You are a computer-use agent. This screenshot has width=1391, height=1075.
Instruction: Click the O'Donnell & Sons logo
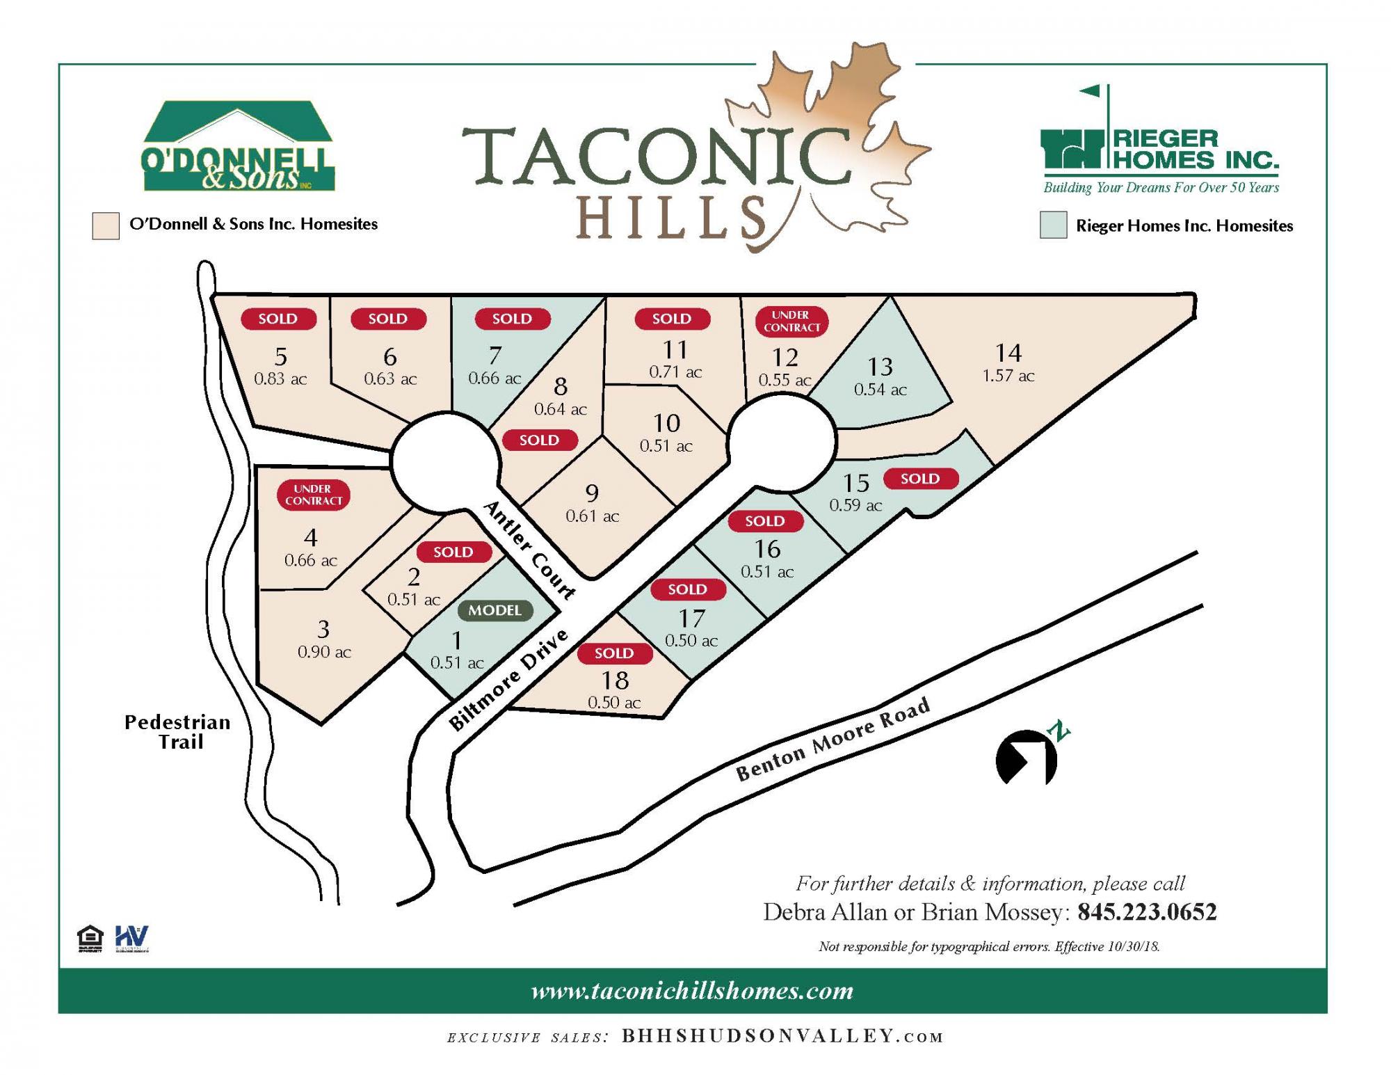click(237, 147)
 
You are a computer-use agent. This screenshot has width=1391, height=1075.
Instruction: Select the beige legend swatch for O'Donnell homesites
click(106, 226)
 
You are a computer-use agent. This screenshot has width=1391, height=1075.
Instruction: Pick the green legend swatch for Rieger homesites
click(1053, 225)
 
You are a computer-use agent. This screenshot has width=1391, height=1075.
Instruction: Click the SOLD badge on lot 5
click(278, 319)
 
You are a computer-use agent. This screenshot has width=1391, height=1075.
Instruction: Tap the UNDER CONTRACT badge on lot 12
click(791, 321)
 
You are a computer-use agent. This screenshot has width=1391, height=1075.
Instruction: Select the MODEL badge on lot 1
click(495, 610)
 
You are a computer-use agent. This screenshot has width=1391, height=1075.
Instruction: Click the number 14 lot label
click(1008, 353)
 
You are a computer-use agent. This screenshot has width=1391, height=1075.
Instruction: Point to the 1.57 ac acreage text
click(1008, 376)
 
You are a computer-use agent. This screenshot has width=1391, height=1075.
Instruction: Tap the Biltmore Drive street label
click(509, 680)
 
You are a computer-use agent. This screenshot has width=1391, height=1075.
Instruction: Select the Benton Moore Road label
click(833, 740)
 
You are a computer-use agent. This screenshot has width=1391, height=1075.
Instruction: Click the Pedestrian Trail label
click(177, 732)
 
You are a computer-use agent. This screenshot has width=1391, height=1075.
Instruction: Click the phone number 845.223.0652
click(1147, 912)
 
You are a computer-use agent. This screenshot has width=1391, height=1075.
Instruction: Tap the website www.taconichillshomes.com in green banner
click(692, 991)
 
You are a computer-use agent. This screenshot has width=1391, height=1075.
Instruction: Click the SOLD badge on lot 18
click(614, 653)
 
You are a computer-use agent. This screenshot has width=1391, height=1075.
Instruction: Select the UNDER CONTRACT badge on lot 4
click(313, 495)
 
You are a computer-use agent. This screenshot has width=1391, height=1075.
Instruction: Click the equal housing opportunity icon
click(90, 938)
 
